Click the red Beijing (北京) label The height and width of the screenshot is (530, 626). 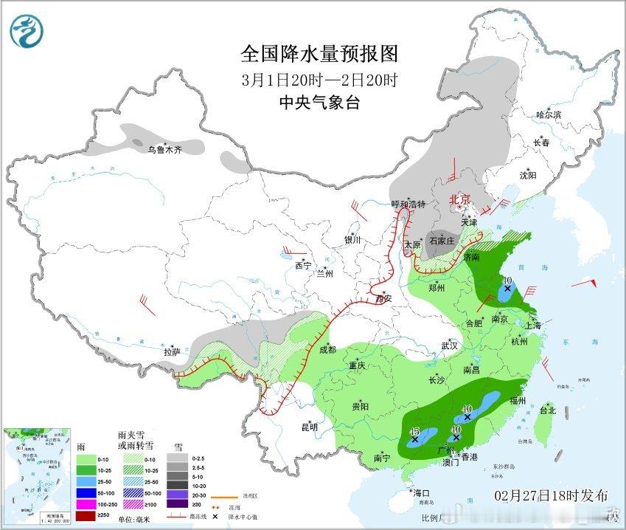[460, 199]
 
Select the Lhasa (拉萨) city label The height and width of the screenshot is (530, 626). [172, 352]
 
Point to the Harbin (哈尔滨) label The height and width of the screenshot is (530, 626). [549, 114]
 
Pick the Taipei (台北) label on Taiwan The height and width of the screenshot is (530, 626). [547, 410]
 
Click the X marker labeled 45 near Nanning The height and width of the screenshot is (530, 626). [414, 439]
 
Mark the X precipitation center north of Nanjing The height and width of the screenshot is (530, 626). [507, 289]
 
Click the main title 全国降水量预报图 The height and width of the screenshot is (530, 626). [319, 54]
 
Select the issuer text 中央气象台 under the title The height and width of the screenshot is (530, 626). [319, 103]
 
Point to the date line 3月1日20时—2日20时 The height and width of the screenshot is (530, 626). [319, 80]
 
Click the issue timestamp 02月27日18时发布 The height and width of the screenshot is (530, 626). [551, 495]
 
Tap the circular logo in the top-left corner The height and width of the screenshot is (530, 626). [27, 30]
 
